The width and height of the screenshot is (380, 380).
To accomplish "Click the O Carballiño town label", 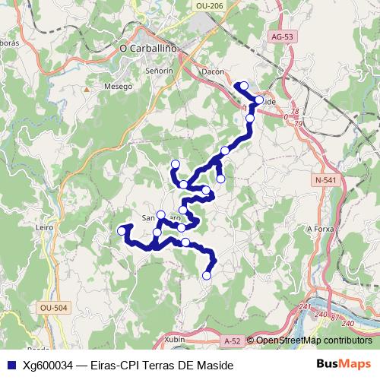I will click(149, 48).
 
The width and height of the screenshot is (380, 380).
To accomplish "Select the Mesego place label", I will click(118, 86).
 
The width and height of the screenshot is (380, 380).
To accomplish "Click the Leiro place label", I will click(44, 227).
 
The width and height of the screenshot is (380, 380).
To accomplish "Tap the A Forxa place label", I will click(320, 228).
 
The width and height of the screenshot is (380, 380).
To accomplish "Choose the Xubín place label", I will click(174, 340).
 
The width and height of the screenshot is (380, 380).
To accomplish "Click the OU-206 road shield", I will click(209, 6).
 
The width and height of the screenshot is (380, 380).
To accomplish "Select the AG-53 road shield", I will click(282, 36).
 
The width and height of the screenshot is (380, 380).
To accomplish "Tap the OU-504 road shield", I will click(52, 308).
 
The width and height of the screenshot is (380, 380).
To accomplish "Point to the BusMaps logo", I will click(344, 365).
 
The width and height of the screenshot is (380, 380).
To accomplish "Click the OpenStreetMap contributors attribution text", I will click(313, 340).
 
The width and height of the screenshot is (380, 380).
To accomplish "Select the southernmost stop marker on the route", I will click(206, 276).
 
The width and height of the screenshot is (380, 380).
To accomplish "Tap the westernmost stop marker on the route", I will click(121, 230).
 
